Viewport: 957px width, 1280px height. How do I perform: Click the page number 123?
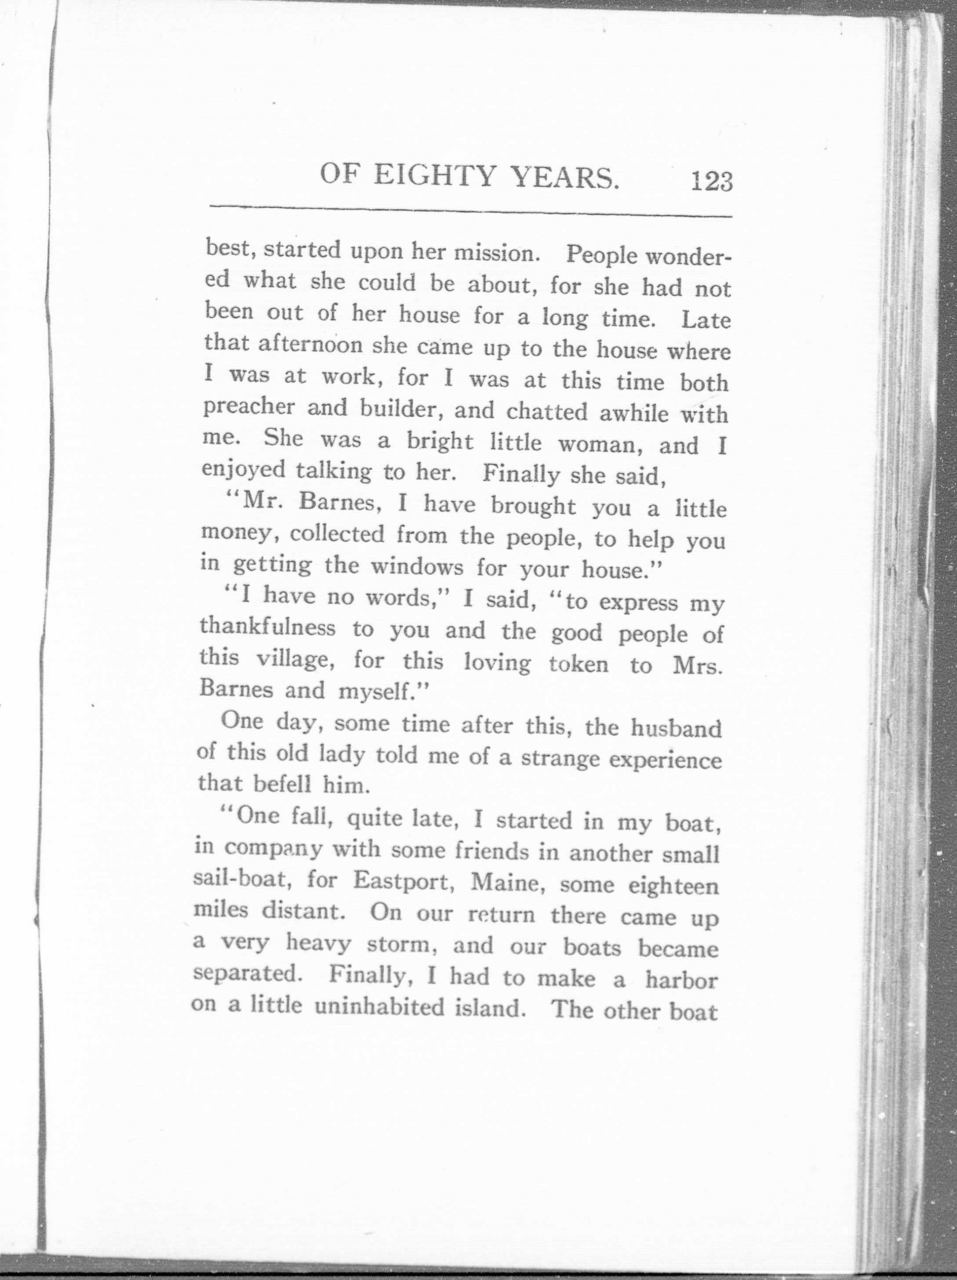[710, 181]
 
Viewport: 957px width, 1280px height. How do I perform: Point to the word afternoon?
[310, 345]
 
